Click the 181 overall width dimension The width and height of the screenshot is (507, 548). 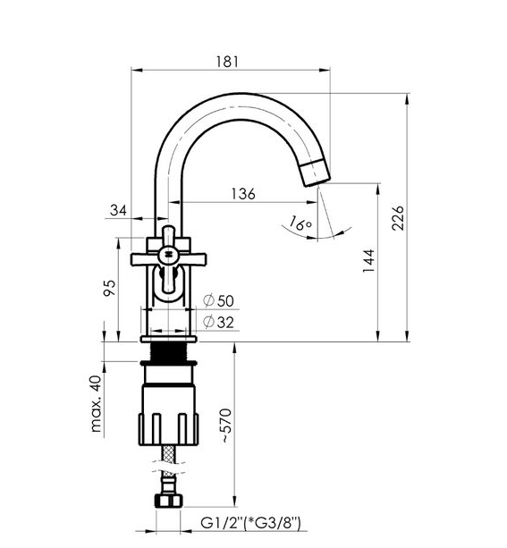click(227, 62)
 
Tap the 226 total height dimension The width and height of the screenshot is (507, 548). click(398, 218)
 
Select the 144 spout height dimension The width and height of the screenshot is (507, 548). click(368, 261)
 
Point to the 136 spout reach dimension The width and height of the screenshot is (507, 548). click(243, 193)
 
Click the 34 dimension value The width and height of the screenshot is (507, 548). click(119, 210)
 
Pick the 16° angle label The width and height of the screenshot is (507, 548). click(300, 223)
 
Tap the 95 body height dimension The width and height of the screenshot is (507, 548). click(110, 288)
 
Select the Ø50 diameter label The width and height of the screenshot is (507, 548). click(218, 300)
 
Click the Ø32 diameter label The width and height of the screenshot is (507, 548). click(218, 322)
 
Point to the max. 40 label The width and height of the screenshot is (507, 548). click(96, 404)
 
